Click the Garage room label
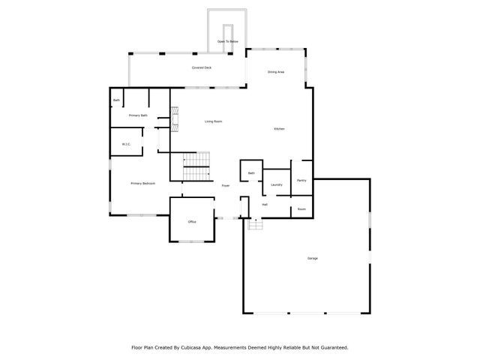(312, 258)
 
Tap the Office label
(192, 222)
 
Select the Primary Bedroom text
(142, 183)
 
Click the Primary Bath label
(138, 115)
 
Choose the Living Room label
(214, 121)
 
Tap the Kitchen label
(279, 129)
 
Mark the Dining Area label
(276, 72)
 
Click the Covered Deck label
(202, 67)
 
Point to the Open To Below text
(228, 41)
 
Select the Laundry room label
(276, 184)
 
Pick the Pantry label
(301, 180)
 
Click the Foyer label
(225, 185)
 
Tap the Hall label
(265, 204)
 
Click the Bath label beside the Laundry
(251, 173)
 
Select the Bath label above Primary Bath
(116, 100)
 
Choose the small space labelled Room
(301, 209)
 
